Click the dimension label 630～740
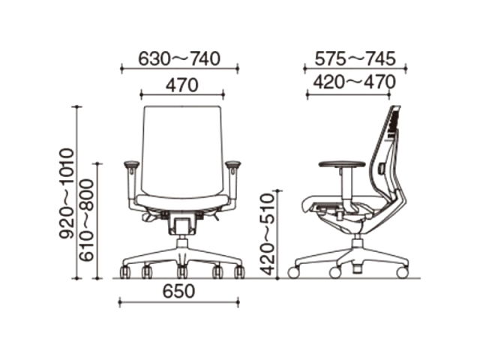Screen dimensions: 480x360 point(179,58)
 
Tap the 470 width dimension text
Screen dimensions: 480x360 point(182,85)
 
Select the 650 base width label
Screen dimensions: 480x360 point(178,292)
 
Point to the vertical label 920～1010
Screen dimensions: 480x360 point(67,193)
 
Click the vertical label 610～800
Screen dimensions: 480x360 point(86,220)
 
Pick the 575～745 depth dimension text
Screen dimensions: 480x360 point(355,58)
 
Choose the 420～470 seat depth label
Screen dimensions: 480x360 point(354,82)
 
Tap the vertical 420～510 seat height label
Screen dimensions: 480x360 point(267,234)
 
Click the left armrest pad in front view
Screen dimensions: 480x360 point(132,165)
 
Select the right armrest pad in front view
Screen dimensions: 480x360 point(233,165)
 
